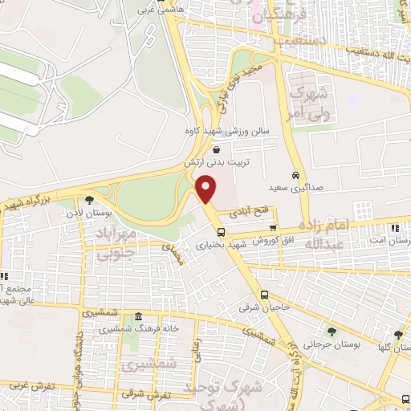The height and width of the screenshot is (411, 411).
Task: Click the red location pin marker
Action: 207,189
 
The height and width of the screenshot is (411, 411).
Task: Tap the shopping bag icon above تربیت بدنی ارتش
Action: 217,149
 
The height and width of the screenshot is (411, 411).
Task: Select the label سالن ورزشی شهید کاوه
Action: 232,130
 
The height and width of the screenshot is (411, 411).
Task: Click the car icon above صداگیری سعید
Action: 296,174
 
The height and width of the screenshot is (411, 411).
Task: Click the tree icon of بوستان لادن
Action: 88,201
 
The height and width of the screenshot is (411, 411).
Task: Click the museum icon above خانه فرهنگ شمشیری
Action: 139,315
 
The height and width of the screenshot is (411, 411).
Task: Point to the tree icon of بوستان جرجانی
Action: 330,331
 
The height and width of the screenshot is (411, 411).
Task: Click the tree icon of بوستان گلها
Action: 398,335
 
